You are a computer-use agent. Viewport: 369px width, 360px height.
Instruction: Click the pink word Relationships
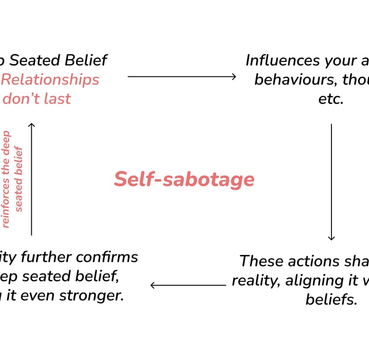[50, 79]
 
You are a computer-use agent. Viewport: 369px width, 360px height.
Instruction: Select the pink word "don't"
[21, 98]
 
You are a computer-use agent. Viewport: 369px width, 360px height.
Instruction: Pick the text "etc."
[331, 98]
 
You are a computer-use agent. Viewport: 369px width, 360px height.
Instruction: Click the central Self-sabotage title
[184, 180]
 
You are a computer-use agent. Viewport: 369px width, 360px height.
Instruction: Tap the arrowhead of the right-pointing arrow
[234, 76]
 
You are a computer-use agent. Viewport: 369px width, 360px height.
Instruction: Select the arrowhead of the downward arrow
[331, 238]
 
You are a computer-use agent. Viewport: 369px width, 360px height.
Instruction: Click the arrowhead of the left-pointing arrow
[153, 285]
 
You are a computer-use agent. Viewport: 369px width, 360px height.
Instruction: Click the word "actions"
[309, 261]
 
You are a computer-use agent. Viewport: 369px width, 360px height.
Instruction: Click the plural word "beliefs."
[332, 300]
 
